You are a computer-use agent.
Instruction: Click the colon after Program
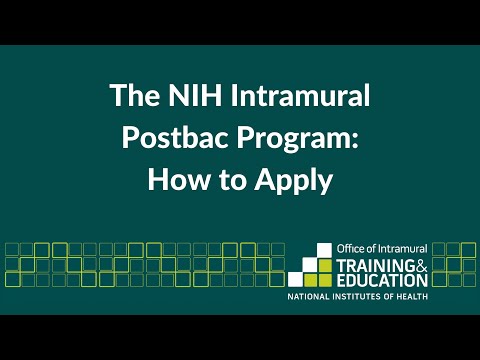354,141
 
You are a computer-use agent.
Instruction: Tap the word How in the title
177,180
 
